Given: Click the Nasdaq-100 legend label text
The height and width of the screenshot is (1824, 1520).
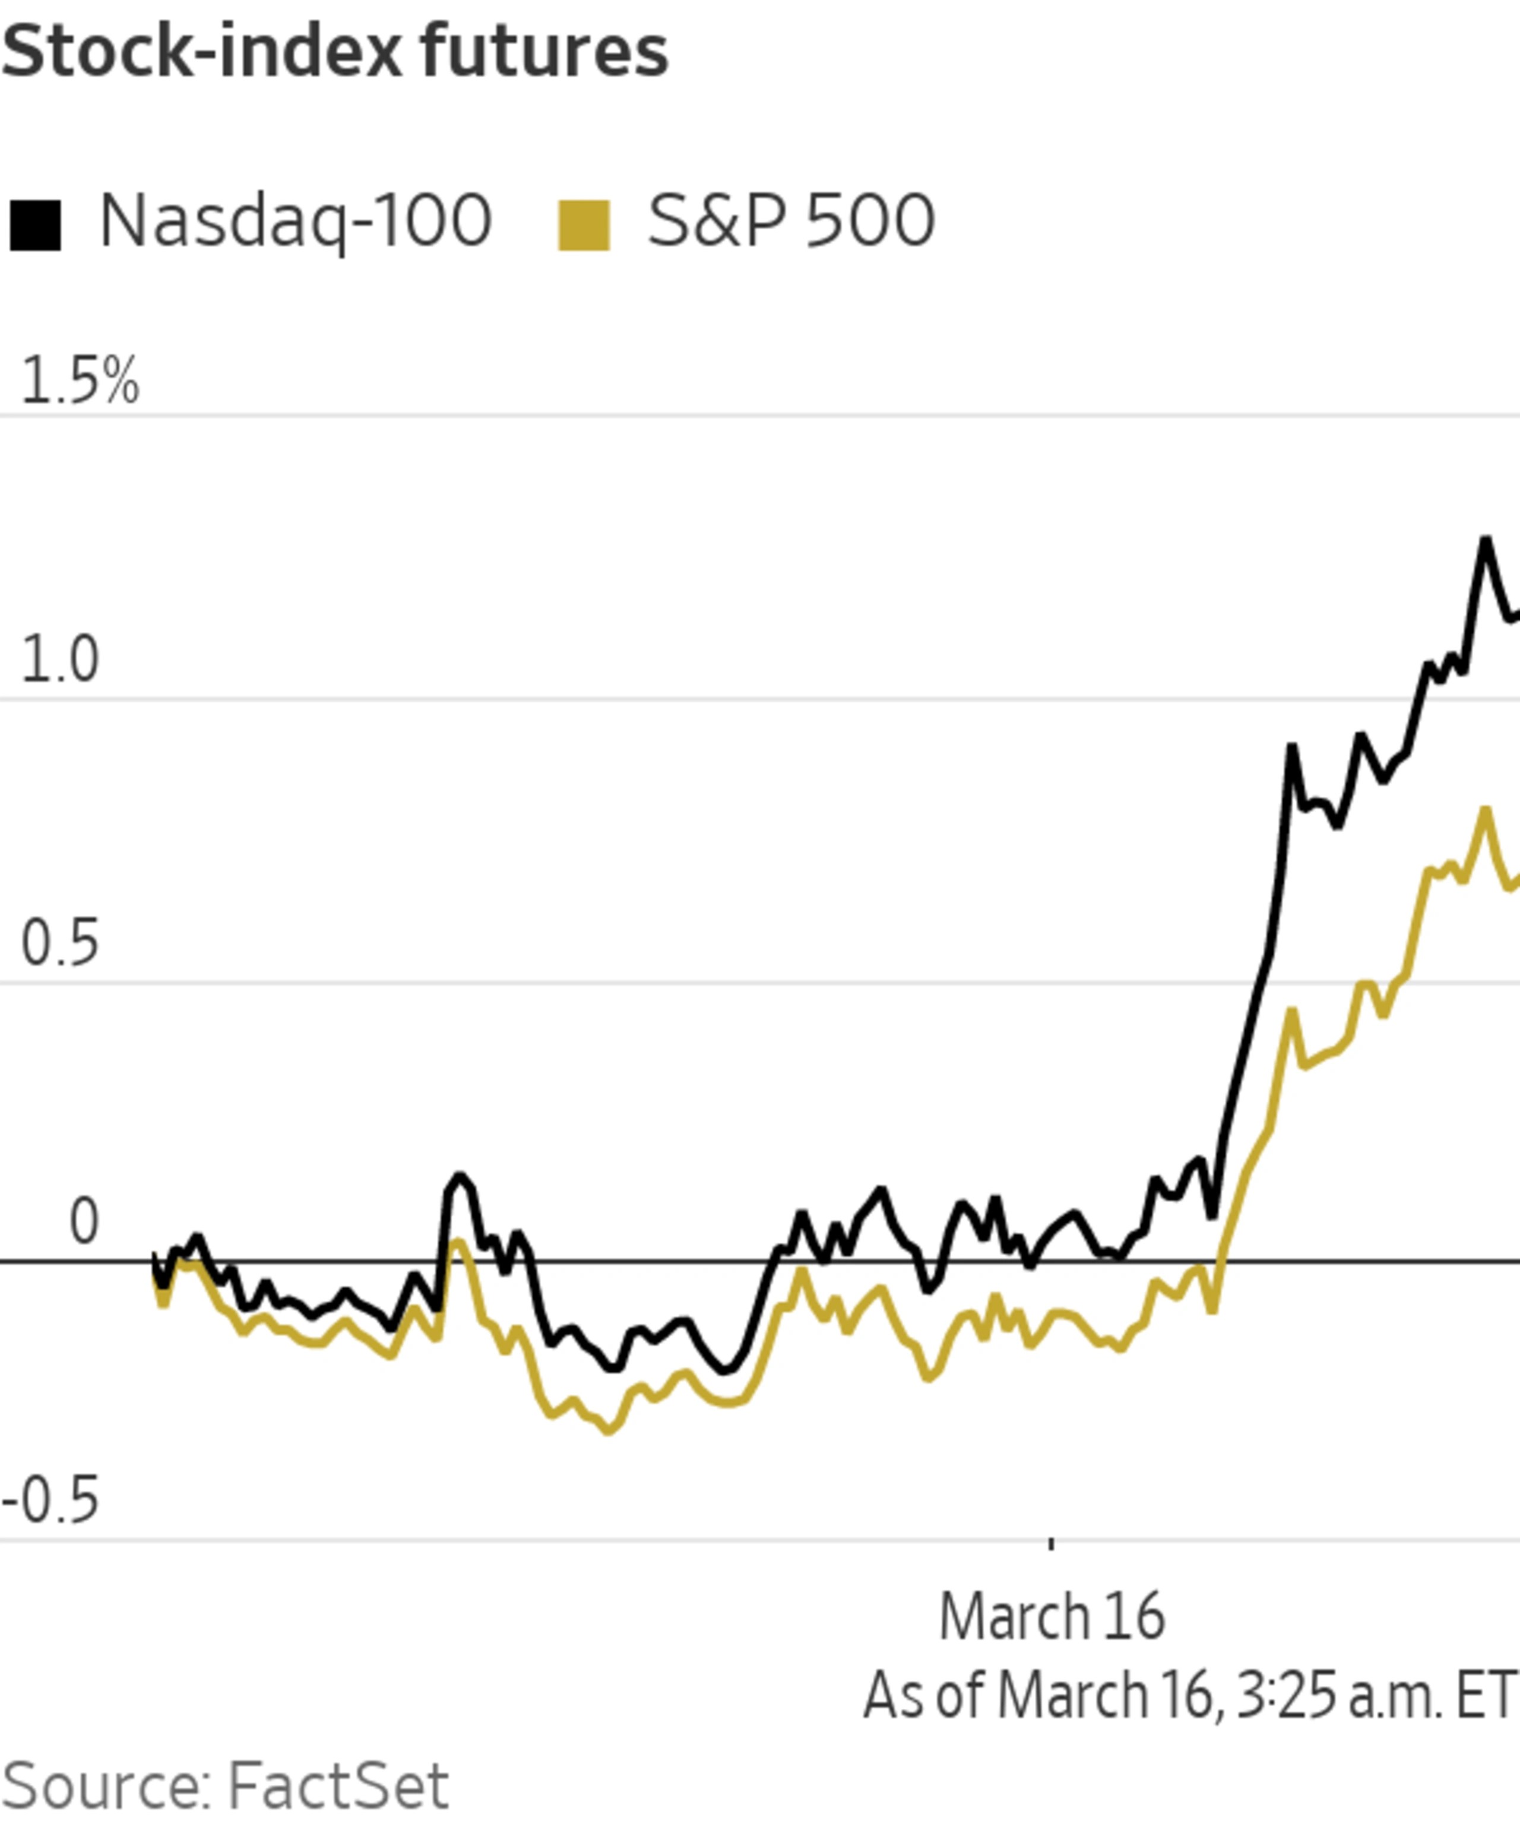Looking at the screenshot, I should tap(295, 221).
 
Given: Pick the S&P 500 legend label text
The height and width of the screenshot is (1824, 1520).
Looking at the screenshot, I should tap(790, 221).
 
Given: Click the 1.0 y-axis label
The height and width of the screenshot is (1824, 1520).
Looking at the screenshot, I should tap(59, 660).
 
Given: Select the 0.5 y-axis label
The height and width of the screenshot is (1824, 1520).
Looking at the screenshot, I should tap(59, 944).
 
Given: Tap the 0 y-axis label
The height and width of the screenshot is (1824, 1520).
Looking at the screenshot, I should tap(83, 1223).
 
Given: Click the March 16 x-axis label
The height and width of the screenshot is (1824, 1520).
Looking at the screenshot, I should tap(1051, 1617).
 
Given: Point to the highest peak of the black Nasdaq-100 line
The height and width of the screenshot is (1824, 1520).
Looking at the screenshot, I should tap(1485, 540).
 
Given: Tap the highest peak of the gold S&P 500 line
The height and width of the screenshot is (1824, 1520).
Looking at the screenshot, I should tap(1485, 811).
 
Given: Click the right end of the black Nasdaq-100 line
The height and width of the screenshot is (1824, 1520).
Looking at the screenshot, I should tap(1516, 615).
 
